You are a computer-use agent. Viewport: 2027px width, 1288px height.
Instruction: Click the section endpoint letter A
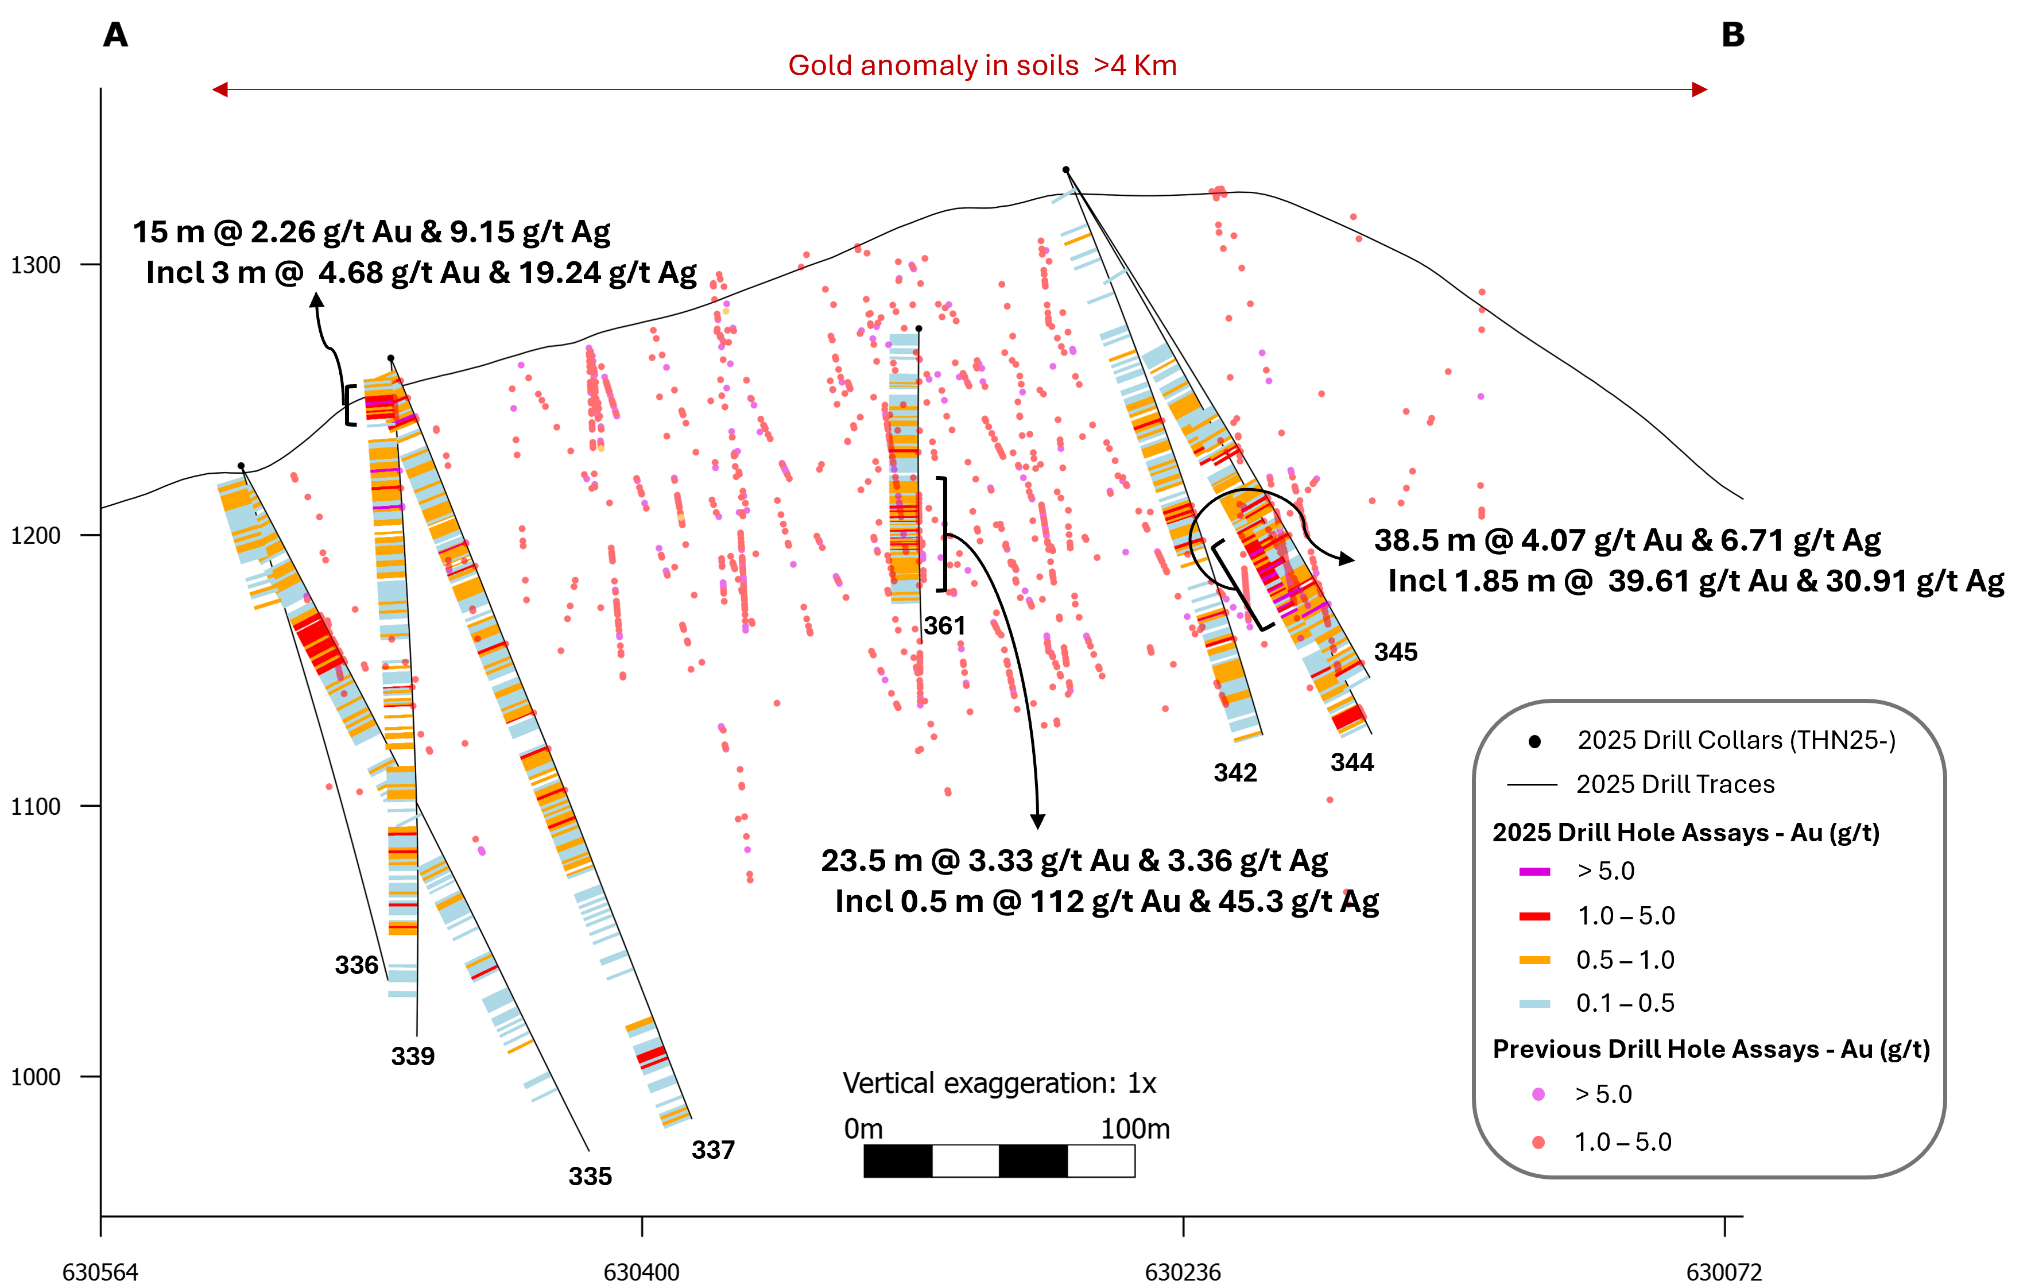[x=115, y=36]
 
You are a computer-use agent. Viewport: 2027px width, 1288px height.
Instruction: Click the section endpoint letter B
[x=1733, y=36]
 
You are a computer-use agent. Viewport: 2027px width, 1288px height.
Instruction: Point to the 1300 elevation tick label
[x=36, y=265]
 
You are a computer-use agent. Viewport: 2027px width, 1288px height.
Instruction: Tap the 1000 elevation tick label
[x=36, y=1077]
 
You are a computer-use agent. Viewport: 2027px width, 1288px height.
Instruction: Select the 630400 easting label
[x=641, y=1272]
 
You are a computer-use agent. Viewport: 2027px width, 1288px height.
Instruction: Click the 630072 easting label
[x=1724, y=1272]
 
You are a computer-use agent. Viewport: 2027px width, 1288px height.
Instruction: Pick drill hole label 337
[x=713, y=1150]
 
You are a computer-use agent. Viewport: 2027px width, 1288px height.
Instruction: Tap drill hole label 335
[x=590, y=1177]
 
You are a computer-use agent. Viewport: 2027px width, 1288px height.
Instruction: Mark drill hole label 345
[x=1396, y=652]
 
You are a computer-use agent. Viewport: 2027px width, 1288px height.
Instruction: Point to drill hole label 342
[x=1235, y=773]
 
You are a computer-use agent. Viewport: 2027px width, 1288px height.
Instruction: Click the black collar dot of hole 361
[x=918, y=328]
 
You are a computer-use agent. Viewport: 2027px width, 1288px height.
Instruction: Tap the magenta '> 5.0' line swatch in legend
[x=1534, y=871]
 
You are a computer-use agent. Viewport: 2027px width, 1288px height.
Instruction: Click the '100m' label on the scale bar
[x=1135, y=1129]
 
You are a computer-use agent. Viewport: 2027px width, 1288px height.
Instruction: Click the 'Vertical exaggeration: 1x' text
[x=999, y=1084]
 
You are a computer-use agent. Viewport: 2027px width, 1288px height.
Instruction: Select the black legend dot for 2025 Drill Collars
[x=1534, y=742]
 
